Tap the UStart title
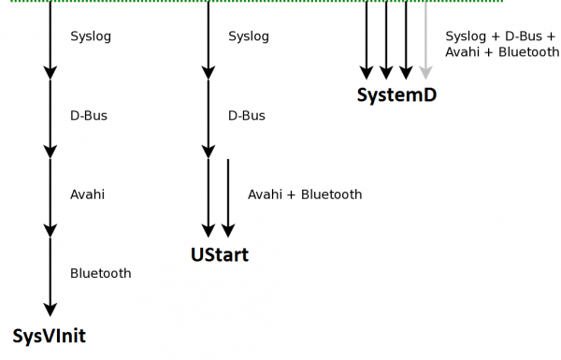220,254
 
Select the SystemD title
396,95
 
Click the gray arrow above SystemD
425,42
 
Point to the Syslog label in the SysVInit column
91,37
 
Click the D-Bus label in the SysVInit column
89,116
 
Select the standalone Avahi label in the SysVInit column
87,194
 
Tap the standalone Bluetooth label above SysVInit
100,274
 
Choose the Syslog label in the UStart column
249,37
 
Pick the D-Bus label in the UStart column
247,116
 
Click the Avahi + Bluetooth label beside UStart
305,194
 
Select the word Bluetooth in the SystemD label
527,52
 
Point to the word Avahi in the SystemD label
464,52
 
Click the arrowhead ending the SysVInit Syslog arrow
50,71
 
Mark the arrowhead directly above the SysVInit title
50,309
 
